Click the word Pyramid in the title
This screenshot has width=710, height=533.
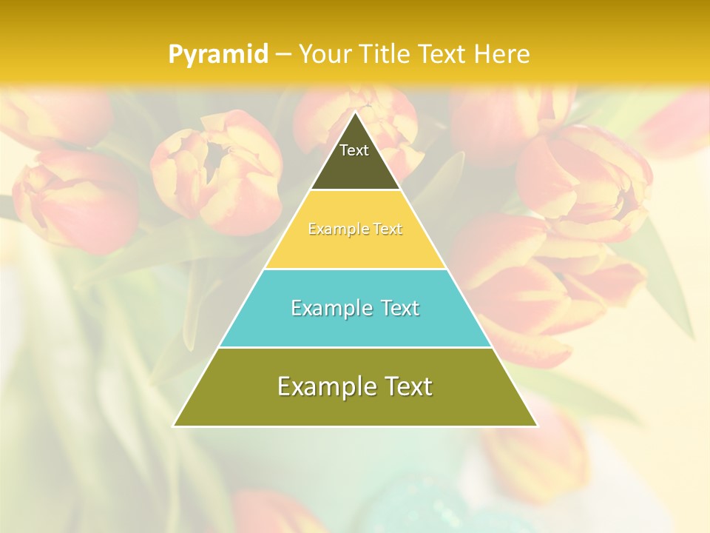coord(218,54)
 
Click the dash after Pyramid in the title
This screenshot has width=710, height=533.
coord(283,55)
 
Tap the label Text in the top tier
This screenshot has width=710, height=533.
coord(354,150)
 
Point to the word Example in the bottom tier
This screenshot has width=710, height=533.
coord(325,386)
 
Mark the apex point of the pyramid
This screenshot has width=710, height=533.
coord(355,113)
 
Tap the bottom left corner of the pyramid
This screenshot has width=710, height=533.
coord(174,426)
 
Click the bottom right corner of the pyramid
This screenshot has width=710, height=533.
coord(536,426)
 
